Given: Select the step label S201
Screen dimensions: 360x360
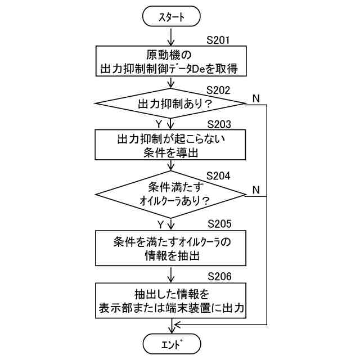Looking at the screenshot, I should (218, 40).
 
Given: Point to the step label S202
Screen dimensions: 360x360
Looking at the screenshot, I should (218, 89).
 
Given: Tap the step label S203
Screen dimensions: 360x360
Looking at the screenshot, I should (218, 124).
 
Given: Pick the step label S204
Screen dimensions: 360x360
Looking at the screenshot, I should (218, 175).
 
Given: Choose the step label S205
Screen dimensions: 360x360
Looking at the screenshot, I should (218, 224).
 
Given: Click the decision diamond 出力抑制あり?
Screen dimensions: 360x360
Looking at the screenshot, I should (171, 104).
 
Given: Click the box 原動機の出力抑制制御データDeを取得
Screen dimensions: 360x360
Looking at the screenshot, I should (171, 62).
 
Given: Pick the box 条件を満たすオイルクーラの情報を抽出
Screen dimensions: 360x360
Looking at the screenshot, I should (171, 248).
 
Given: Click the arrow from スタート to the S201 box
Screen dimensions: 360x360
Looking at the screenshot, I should (171, 36).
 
